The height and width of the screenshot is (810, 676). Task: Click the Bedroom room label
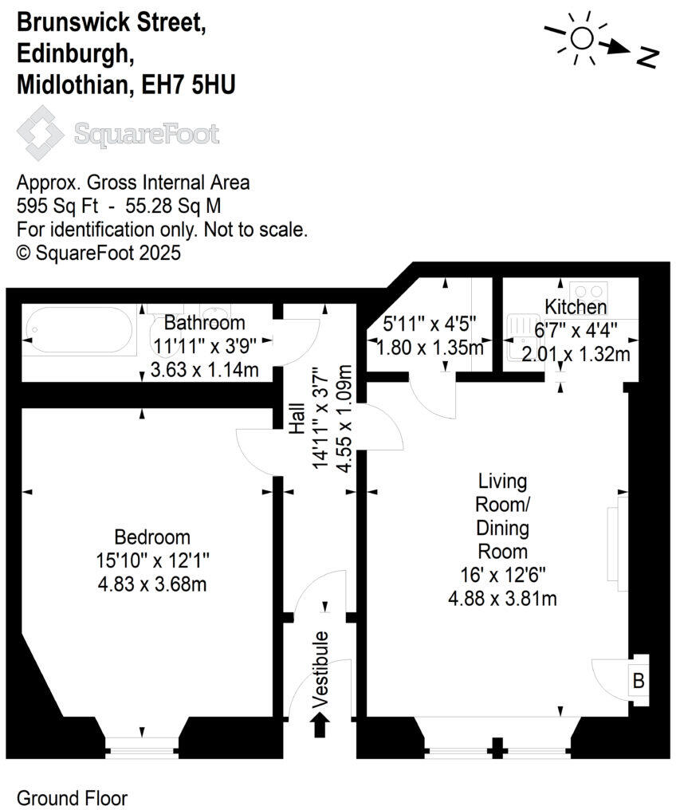(152, 536)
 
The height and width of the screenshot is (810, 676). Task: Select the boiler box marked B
(638, 681)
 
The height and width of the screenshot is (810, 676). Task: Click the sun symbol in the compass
(582, 37)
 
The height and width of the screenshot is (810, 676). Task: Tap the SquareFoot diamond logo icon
(41, 132)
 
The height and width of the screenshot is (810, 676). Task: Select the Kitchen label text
(576, 307)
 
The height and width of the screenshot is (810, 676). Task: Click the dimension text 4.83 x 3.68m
(152, 584)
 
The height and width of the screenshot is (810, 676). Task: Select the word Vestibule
(321, 670)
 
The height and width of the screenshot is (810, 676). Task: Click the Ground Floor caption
(72, 797)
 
